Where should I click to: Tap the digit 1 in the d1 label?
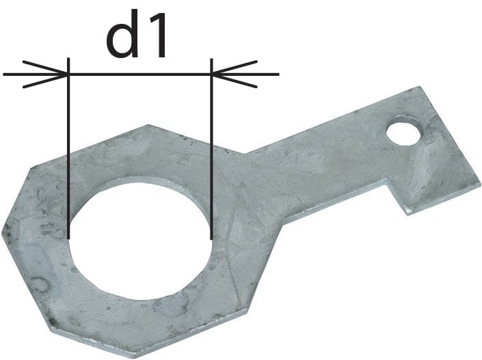[x=156, y=36]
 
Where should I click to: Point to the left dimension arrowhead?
[x=45, y=74]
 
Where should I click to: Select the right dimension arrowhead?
[x=235, y=74]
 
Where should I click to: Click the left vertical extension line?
[x=68, y=148]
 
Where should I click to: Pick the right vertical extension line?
[x=211, y=149]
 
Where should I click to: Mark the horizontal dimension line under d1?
[x=140, y=74]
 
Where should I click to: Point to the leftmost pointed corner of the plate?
[x=2, y=232]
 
